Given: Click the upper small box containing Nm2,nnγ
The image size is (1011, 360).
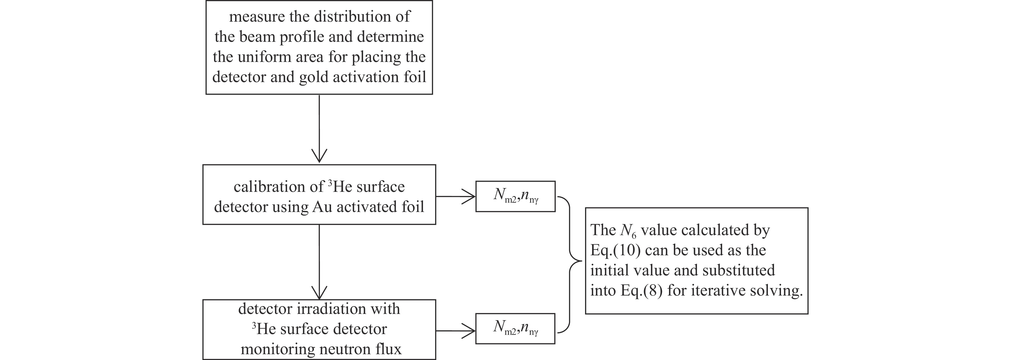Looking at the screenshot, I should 515,196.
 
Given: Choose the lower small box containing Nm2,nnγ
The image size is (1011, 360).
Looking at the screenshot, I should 515,329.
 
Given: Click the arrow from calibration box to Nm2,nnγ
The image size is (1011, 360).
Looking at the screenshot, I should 455,196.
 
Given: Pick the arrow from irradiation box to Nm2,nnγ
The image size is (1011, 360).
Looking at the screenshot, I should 455,331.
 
